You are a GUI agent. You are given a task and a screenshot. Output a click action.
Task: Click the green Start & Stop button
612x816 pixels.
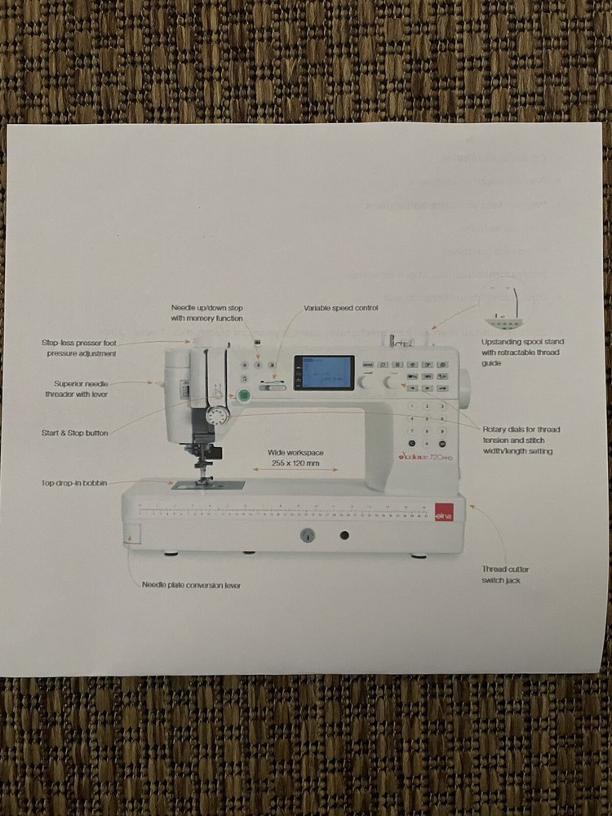242,396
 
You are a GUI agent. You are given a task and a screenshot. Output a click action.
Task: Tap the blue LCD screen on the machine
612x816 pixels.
324,373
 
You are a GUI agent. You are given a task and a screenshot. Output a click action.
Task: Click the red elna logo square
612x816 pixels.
443,512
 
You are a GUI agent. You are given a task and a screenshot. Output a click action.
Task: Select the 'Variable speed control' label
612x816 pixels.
341,308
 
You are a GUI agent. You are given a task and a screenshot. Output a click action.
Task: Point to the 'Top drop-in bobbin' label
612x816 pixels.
74,483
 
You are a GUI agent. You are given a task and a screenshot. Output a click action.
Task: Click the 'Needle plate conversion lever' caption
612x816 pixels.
191,585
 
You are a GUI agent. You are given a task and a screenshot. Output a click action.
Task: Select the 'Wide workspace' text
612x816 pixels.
295,452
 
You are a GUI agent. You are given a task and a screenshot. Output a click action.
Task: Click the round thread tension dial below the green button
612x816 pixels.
216,416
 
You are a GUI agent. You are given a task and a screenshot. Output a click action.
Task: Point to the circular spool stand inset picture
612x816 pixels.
506,304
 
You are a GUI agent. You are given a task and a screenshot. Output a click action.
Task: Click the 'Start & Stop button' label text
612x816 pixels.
75,432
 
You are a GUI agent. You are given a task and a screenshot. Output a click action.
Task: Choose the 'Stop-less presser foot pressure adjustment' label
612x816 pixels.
79,348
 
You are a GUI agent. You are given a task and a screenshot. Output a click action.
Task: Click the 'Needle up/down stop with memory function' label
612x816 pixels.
206,313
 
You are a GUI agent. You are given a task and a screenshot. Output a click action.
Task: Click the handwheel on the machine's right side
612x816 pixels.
465,389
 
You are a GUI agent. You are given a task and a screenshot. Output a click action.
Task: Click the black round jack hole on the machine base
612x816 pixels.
344,535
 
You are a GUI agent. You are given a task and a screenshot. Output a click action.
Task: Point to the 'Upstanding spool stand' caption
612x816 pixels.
522,352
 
